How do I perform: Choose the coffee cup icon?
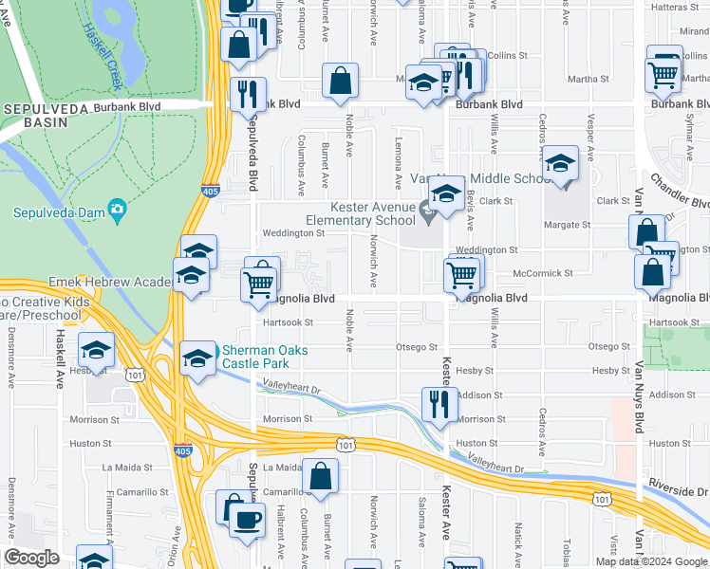(x=247, y=521)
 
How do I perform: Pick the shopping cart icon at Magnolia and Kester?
(x=461, y=275)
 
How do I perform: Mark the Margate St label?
(x=568, y=226)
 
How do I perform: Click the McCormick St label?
(x=543, y=273)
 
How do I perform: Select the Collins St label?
(x=509, y=56)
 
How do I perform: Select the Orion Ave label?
(x=172, y=548)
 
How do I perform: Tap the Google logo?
(x=32, y=559)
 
